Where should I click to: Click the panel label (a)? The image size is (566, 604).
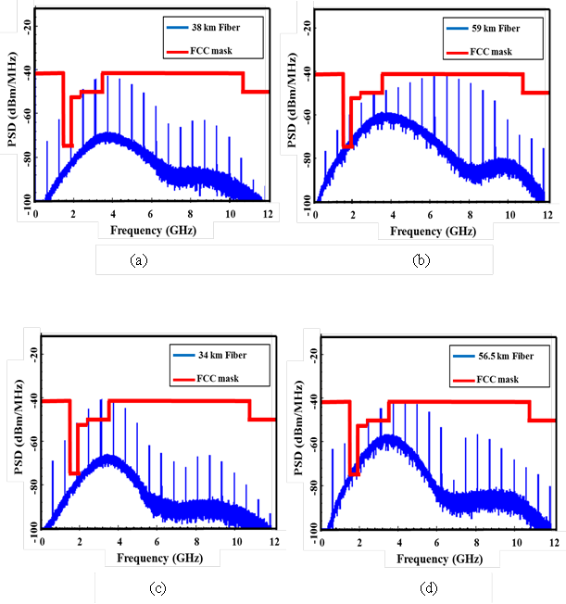(139, 260)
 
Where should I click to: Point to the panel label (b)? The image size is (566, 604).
(421, 260)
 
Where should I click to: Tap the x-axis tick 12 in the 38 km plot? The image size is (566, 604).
(267, 213)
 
